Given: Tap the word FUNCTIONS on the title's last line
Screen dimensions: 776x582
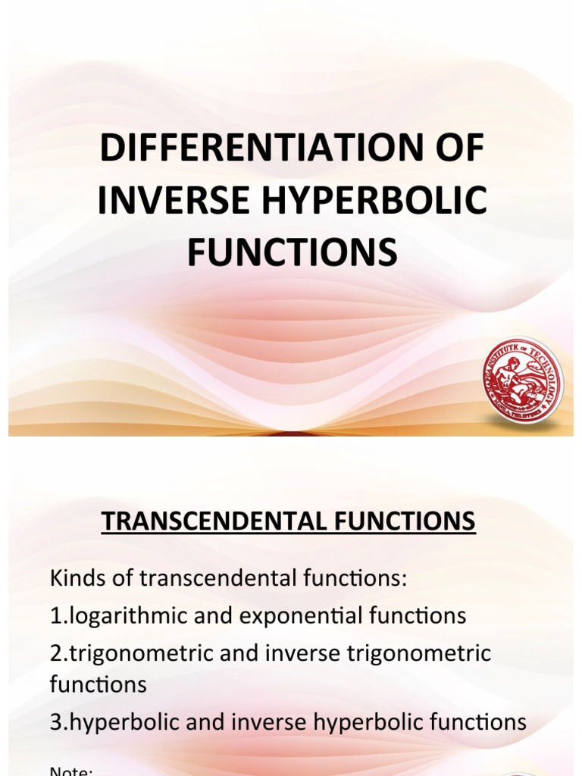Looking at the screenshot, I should point(292,252).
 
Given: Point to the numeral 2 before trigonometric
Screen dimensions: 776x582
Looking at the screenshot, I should point(55,652).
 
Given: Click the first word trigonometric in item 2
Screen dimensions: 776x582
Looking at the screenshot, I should point(137,652).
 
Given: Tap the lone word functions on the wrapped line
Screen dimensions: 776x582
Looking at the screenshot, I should point(98,684).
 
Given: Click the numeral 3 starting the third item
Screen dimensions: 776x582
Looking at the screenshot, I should point(55,721).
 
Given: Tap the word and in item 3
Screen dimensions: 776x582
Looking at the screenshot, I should point(201,721).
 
